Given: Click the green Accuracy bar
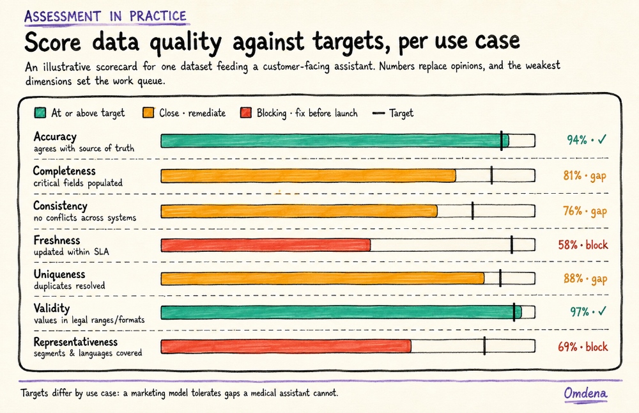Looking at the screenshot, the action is pyautogui.click(x=335, y=141).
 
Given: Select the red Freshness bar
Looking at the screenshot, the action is pyautogui.click(x=266, y=245).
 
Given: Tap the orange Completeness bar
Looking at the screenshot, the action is pyautogui.click(x=309, y=176).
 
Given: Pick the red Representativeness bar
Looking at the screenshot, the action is pyautogui.click(x=286, y=347).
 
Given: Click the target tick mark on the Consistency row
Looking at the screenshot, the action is pyautogui.click(x=473, y=211).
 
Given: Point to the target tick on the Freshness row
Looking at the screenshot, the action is pyautogui.click(x=512, y=245).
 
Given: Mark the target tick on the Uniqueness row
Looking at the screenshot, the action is pyautogui.click(x=500, y=279).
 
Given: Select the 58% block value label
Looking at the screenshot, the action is pyautogui.click(x=583, y=245).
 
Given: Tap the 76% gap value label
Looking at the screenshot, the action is pyautogui.click(x=585, y=211).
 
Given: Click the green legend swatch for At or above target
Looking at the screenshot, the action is pyautogui.click(x=40, y=113).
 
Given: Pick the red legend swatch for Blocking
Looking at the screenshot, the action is pyautogui.click(x=246, y=113).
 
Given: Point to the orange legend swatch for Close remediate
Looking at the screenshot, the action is pyautogui.click(x=148, y=113).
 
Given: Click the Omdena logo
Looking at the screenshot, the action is pyautogui.click(x=585, y=393).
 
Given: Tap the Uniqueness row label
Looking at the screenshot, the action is pyautogui.click(x=59, y=274).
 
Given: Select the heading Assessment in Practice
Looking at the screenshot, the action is pyautogui.click(x=105, y=17).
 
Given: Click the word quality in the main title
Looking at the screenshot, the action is pyautogui.click(x=186, y=42).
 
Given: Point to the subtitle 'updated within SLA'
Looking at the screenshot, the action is pyautogui.click(x=72, y=252).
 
